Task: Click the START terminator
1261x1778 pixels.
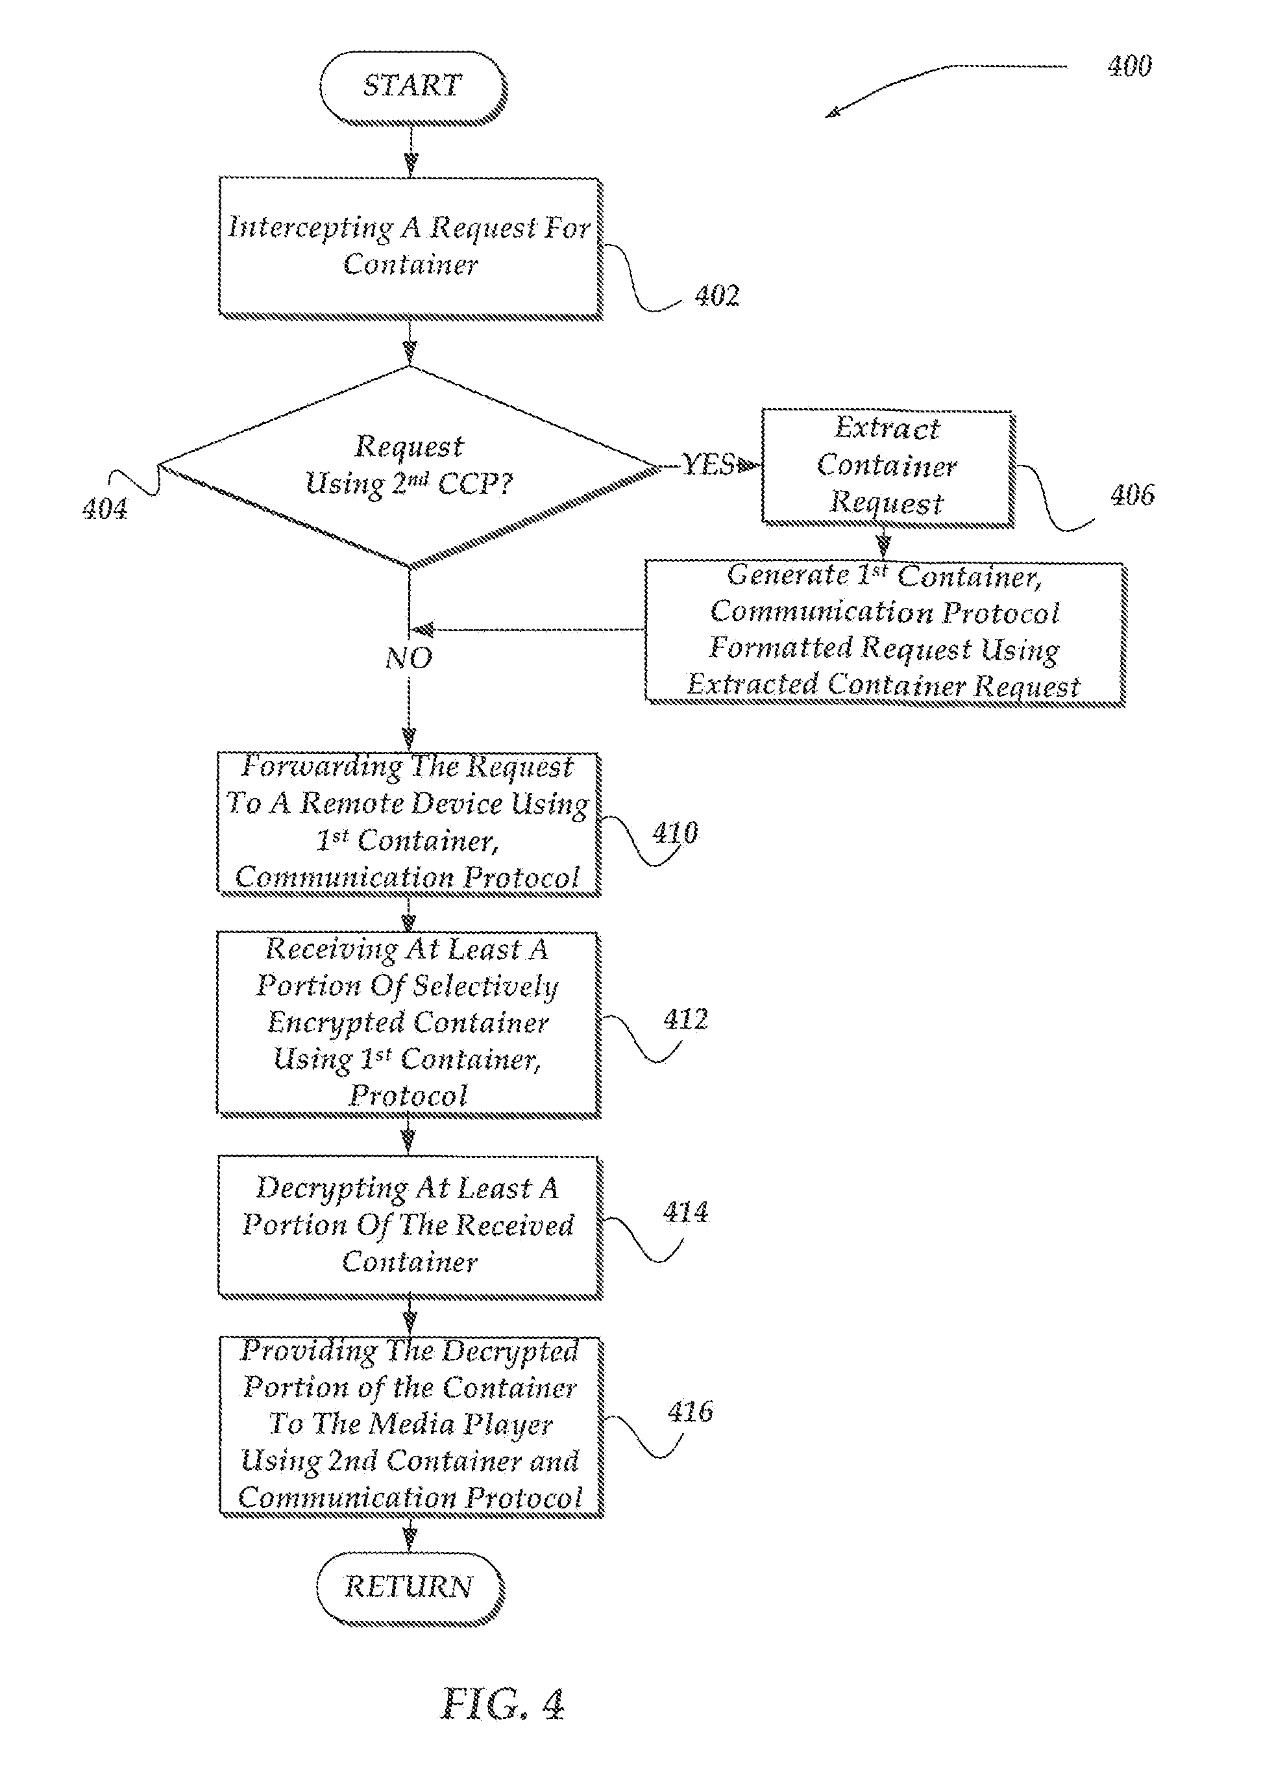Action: click(412, 86)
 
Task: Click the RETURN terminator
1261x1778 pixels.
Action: click(410, 1586)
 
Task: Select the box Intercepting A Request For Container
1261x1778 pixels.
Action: click(410, 246)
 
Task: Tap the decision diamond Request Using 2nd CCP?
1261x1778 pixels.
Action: click(410, 466)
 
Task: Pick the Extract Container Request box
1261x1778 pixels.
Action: click(887, 466)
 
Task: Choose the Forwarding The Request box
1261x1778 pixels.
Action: click(408, 823)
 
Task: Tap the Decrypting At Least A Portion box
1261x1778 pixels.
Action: click(410, 1225)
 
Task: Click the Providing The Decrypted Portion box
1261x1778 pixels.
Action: click(410, 1425)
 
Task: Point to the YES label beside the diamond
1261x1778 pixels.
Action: click(707, 465)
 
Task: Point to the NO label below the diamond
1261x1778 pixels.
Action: click(408, 658)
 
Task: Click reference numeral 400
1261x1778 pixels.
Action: click(1129, 66)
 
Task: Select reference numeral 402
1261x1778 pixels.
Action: click(716, 296)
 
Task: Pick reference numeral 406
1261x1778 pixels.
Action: click(1131, 495)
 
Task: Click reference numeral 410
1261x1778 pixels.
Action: click(675, 833)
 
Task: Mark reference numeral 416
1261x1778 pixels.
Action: click(689, 1411)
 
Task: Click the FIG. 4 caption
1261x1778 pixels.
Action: click(502, 1704)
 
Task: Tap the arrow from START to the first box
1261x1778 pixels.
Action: click(411, 151)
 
